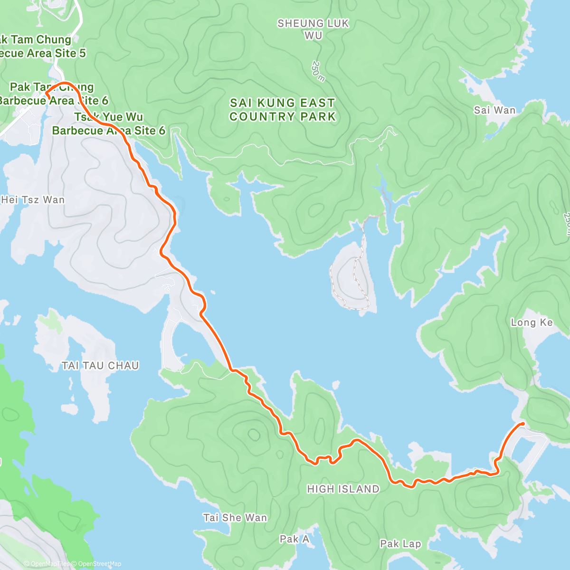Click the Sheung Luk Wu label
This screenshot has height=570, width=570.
(x=313, y=29)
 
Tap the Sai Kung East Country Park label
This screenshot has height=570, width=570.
(x=283, y=110)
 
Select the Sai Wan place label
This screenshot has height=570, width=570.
(x=494, y=110)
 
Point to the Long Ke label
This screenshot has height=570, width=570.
(x=532, y=323)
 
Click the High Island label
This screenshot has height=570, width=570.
(x=343, y=489)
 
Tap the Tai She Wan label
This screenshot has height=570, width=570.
(x=235, y=518)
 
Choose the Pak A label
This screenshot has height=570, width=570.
(x=294, y=539)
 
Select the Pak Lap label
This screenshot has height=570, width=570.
(x=400, y=543)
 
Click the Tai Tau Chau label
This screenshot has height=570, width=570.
(x=100, y=365)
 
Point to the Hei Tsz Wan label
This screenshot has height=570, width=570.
(x=32, y=199)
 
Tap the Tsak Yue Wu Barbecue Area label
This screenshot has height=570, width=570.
(x=108, y=123)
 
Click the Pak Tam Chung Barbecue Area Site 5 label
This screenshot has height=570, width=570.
(x=40, y=47)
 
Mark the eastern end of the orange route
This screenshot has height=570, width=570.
(x=522, y=423)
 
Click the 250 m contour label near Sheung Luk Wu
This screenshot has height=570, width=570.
(x=318, y=71)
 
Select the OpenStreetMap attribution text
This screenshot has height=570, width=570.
(x=100, y=564)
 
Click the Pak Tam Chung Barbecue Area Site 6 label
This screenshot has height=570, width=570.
(x=52, y=94)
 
